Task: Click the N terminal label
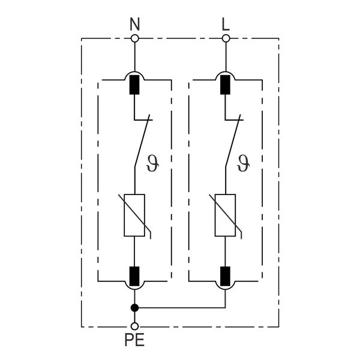pos(134,25)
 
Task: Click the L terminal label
pos(226,25)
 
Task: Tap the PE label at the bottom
pos(134,340)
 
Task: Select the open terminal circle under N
pos(134,38)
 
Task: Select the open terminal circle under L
pos(226,38)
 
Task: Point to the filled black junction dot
pos(134,308)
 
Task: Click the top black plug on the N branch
pos(134,85)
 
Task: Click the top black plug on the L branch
pos(226,85)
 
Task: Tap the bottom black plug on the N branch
pos(134,275)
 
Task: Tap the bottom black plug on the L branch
pos(226,275)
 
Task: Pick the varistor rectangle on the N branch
pos(134,215)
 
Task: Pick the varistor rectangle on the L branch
pos(226,215)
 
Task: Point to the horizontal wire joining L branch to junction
pos(180,308)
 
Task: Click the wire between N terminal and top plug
pos(134,57)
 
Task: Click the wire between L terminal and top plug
pos(226,57)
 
